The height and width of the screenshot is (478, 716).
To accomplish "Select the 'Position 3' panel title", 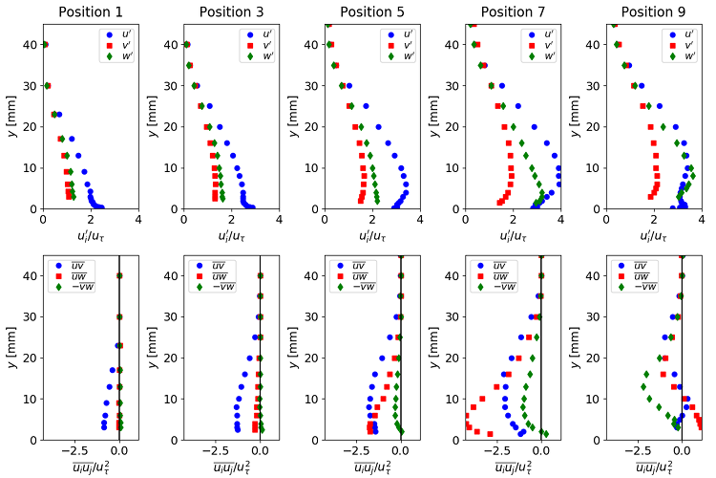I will [x=231, y=12].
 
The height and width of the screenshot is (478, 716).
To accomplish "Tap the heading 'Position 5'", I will [x=372, y=12].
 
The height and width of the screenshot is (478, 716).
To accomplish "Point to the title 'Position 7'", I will [x=514, y=12].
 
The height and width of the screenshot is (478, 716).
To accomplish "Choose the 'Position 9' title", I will [x=655, y=12].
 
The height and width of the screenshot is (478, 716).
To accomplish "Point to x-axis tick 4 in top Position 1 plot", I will [x=139, y=219].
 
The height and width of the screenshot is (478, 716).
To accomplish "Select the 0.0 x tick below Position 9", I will [x=682, y=450].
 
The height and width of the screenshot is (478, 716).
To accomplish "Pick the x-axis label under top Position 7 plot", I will [x=514, y=235].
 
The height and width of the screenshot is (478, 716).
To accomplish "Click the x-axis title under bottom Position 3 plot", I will [x=231, y=467].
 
